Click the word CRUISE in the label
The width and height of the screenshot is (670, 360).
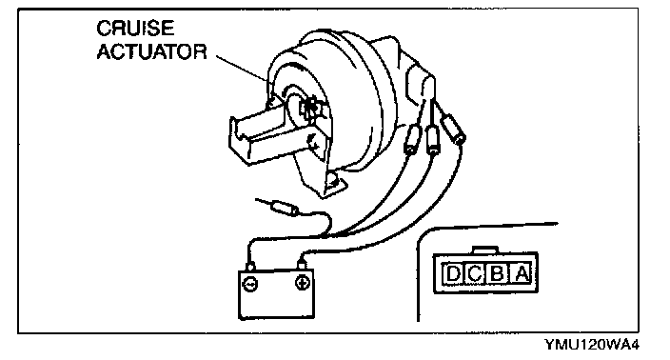[135, 29]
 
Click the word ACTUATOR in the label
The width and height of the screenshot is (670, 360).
[151, 51]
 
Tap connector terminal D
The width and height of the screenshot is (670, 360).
[452, 273]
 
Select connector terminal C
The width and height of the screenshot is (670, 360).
[474, 273]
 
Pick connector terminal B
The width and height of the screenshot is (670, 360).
[497, 273]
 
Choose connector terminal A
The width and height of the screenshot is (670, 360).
[522, 273]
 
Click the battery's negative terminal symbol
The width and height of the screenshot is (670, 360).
[250, 284]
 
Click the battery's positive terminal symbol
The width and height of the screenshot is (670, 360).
[303, 283]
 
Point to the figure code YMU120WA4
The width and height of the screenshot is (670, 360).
[592, 345]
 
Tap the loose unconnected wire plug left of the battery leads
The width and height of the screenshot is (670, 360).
[285, 209]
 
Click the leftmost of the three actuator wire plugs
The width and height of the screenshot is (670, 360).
[411, 139]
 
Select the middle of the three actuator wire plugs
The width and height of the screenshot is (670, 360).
[433, 140]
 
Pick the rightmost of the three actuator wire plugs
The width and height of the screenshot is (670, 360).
[453, 129]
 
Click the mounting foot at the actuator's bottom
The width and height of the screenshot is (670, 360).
[335, 185]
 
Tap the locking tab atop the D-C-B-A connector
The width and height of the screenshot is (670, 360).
[485, 250]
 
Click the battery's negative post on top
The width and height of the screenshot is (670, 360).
[251, 267]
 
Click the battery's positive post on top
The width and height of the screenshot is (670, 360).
[302, 265]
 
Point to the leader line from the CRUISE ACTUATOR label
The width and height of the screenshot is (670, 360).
[243, 68]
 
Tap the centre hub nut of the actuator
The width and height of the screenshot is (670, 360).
[308, 109]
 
